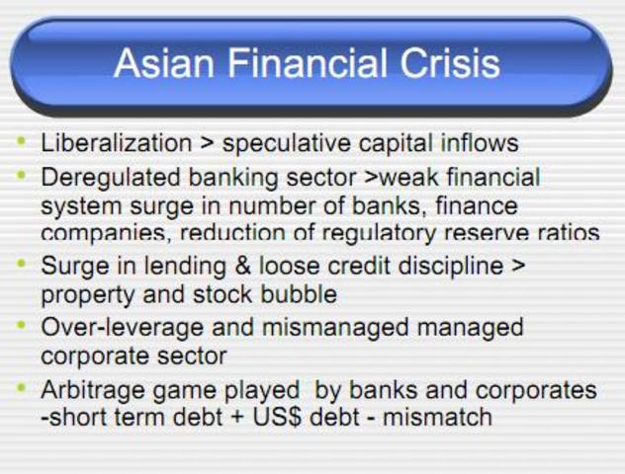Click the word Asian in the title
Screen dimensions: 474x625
[158, 64]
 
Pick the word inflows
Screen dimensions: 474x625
[479, 143]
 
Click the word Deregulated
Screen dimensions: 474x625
[113, 178]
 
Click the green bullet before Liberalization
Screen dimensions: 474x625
[22, 141]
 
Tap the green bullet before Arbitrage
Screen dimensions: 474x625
[22, 388]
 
